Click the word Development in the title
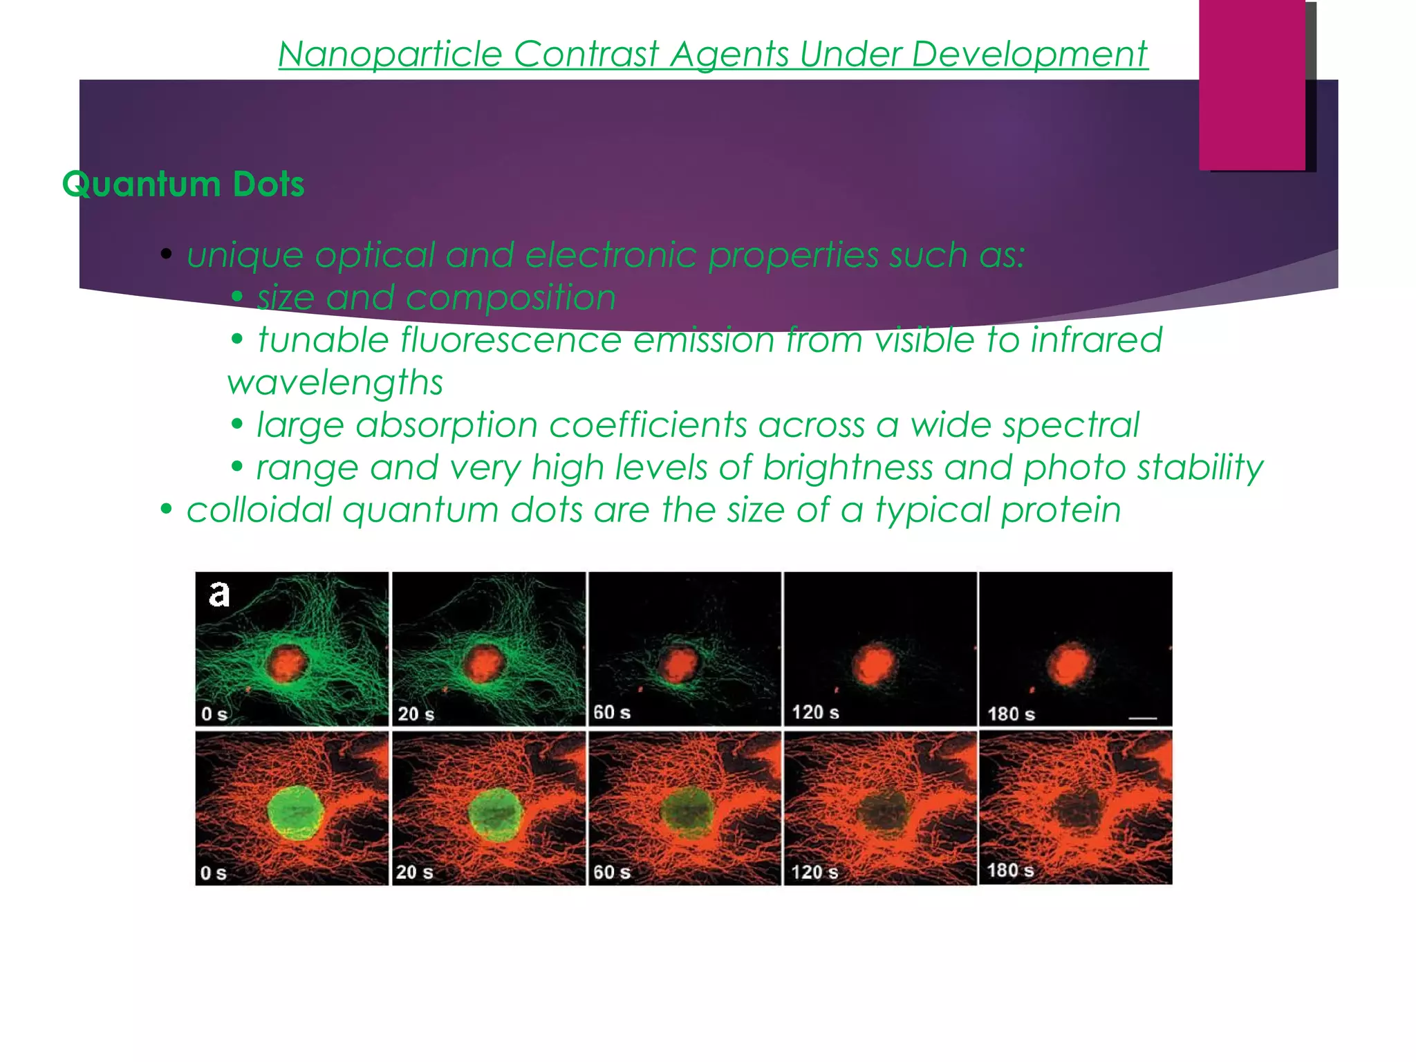pos(1030,54)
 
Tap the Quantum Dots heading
pos(183,184)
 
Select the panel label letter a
pos(218,594)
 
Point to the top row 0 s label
pos(214,714)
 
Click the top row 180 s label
pos(1011,714)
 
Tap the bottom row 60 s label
pos(612,872)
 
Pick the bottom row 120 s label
pos(814,872)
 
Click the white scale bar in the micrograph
pos(1142,718)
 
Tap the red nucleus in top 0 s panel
pos(286,664)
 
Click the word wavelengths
pos(335,382)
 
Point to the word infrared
pos(1096,340)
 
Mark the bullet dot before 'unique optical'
pos(166,254)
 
